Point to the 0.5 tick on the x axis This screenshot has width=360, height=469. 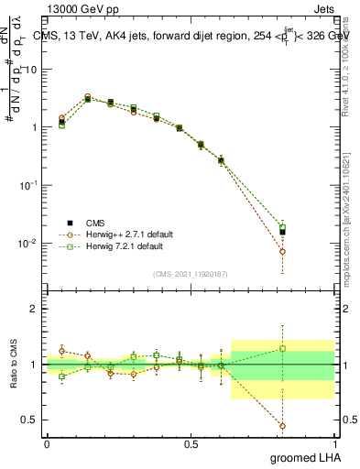point(191,443)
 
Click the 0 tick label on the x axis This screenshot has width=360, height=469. point(47,443)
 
